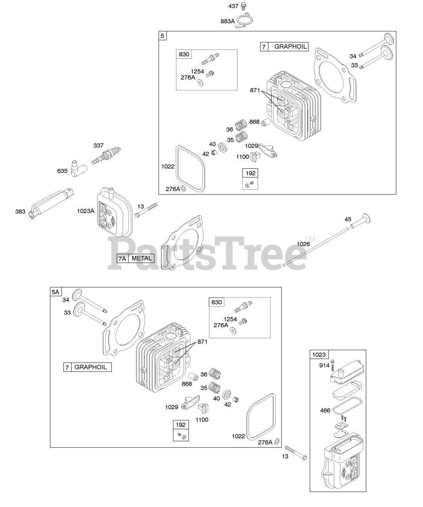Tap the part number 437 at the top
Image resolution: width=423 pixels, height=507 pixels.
click(x=234, y=6)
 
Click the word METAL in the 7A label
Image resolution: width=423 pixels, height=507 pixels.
click(x=142, y=258)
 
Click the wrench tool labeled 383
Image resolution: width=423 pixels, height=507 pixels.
click(x=52, y=202)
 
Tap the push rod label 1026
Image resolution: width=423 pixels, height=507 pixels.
click(x=303, y=244)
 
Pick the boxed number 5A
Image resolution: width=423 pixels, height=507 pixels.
click(x=55, y=292)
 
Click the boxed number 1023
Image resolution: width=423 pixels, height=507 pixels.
click(x=318, y=355)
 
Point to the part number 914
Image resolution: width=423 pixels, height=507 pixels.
click(x=324, y=366)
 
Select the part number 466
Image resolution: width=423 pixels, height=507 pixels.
click(x=325, y=410)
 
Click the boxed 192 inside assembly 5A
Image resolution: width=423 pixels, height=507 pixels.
click(x=181, y=425)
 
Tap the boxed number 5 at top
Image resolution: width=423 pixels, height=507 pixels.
click(x=163, y=36)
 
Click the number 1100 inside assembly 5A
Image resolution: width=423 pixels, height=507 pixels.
click(x=202, y=419)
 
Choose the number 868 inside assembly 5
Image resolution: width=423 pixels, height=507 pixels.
click(x=255, y=122)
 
